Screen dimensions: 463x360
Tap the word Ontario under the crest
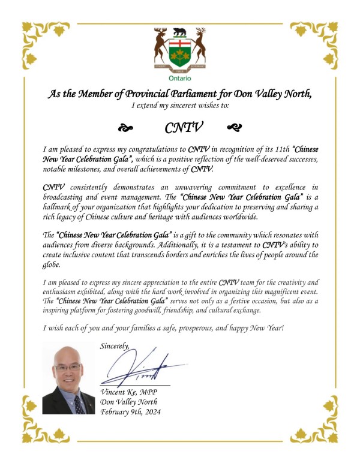179,79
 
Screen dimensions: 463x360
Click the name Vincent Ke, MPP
128,392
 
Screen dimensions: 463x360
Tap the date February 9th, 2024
130,411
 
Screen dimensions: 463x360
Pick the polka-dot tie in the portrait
79,404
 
